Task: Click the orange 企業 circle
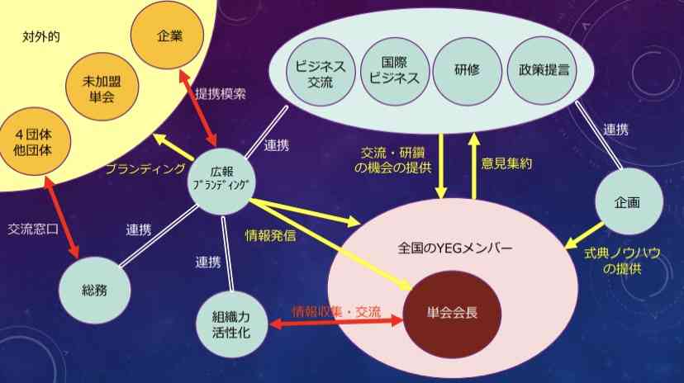167,35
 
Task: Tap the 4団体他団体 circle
34,142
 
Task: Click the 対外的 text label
41,36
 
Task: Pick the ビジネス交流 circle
321,72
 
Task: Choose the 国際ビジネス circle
395,71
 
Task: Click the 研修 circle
468,71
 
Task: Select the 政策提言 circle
543,70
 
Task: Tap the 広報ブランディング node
222,182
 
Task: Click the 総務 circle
95,290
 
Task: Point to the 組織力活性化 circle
231,324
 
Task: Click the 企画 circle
629,201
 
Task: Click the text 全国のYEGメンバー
455,248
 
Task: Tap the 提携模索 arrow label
221,93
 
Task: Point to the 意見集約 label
506,163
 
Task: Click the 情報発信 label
270,236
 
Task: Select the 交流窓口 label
33,229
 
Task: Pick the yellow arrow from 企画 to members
585,236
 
